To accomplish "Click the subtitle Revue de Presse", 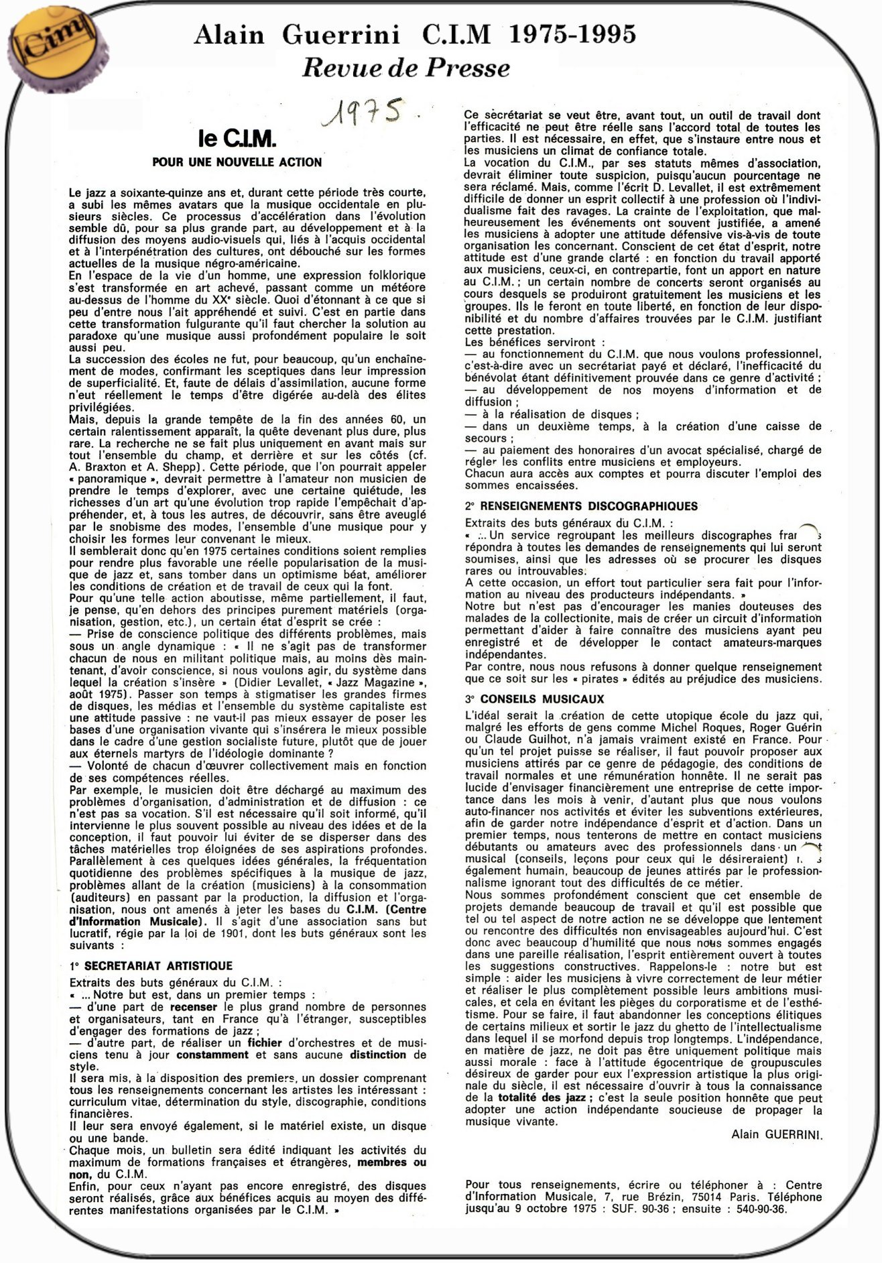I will pyautogui.click(x=405, y=68).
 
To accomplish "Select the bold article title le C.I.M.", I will pyautogui.click(x=237, y=139).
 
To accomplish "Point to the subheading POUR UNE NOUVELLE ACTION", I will pyautogui.click(x=237, y=162).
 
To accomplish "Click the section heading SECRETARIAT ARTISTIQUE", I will pyautogui.click(x=158, y=966).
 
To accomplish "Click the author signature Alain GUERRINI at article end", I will pyautogui.click(x=777, y=1134).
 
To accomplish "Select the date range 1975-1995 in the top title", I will pyautogui.click(x=572, y=34).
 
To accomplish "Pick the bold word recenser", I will pyautogui.click(x=194, y=1007).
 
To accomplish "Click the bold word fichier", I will pyautogui.click(x=265, y=1043).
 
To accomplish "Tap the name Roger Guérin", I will pyautogui.click(x=785, y=727).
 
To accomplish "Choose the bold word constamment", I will pyautogui.click(x=212, y=1055).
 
